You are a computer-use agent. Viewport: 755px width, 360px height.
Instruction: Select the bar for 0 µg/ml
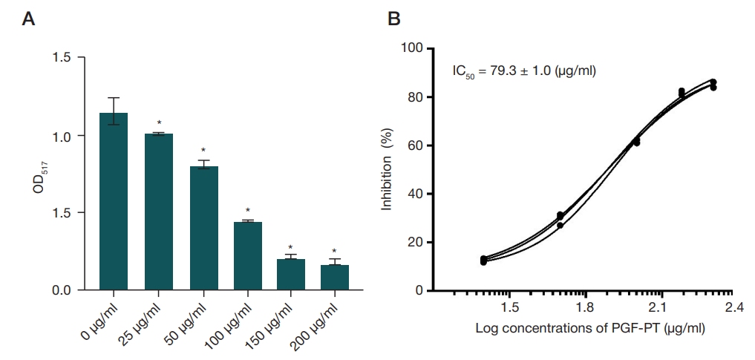pos(114,201)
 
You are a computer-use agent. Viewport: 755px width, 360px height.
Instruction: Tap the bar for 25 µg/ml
pos(159,212)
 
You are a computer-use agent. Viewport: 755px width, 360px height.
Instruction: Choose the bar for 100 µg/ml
pos(248,255)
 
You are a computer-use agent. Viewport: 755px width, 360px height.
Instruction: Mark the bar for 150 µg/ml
pos(291,274)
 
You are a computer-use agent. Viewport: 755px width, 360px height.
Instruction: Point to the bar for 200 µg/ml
pos(334,277)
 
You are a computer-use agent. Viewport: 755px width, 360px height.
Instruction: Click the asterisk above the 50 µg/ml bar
pos(204,151)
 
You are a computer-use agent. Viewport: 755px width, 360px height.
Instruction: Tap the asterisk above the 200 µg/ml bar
pos(334,251)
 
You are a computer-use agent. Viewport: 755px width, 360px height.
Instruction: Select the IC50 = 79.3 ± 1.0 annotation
pos(525,72)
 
